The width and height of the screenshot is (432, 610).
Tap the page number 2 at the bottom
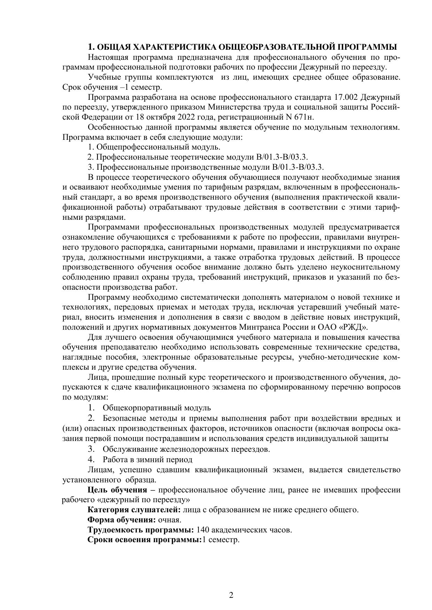(231, 566)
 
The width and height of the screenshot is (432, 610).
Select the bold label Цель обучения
(117, 490)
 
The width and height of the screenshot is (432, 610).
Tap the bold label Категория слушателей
(134, 510)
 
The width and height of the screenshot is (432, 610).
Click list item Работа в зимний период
(147, 459)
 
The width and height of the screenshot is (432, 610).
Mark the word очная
(169, 520)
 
